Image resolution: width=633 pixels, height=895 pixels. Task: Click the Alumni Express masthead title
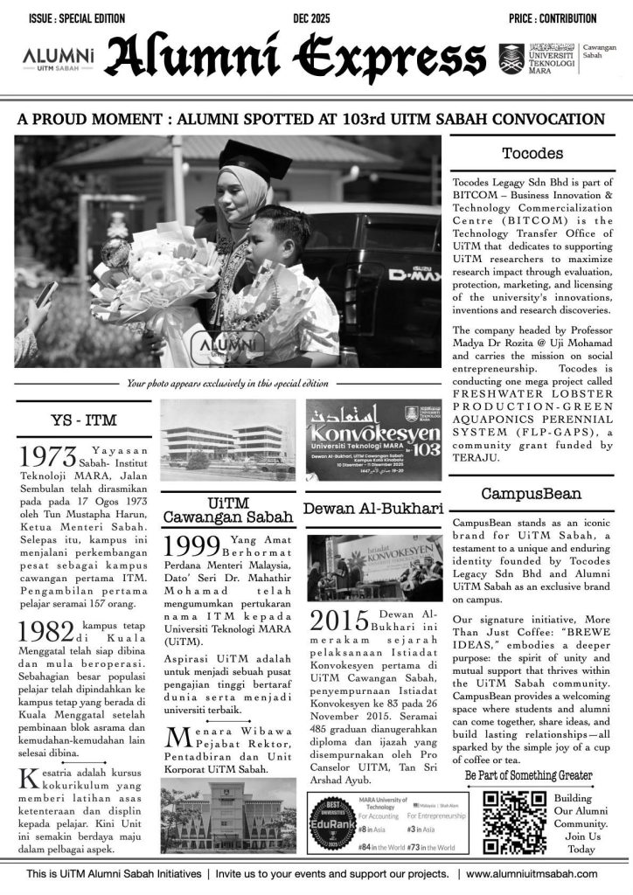[x=296, y=58]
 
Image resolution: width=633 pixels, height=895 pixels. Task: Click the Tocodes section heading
[x=532, y=154]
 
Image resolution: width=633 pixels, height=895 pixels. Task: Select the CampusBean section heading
[x=532, y=494]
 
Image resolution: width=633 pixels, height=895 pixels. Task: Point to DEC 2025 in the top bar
[x=316, y=18]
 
